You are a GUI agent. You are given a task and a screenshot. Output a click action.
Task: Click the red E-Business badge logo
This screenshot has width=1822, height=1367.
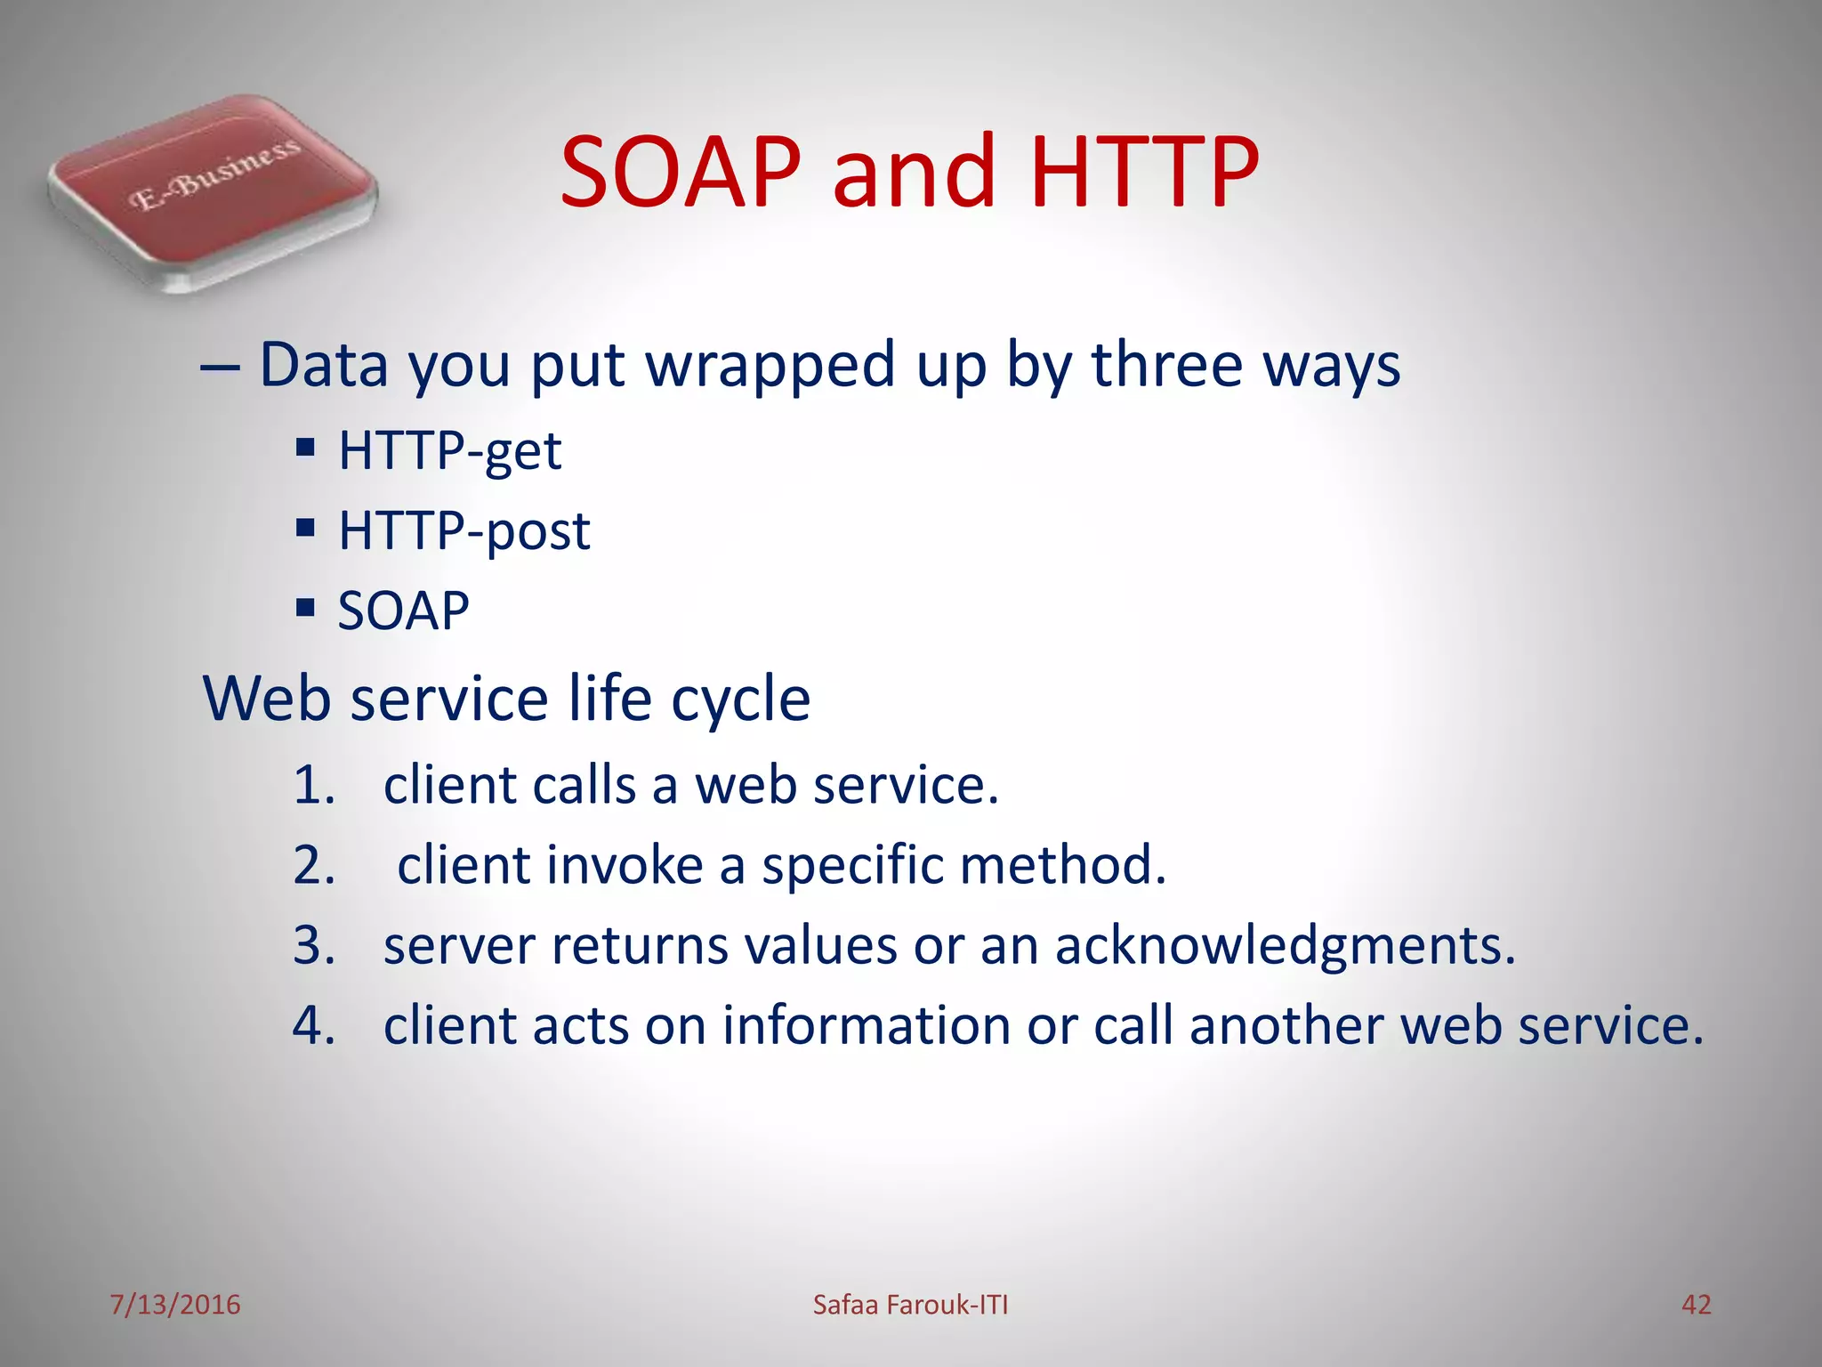tap(212, 192)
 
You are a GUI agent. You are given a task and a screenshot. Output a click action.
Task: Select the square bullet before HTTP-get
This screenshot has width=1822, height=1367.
tap(306, 447)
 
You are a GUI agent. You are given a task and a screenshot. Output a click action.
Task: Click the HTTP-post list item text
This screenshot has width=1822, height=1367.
tap(464, 531)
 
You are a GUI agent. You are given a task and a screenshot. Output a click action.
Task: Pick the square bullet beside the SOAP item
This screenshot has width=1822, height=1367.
tap(306, 608)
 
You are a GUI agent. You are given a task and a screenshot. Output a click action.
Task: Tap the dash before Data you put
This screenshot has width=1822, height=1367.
tap(220, 367)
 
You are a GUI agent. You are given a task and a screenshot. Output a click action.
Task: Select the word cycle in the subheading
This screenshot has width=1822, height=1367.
tap(740, 700)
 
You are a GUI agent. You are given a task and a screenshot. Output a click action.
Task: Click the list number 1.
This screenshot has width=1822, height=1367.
tap(313, 786)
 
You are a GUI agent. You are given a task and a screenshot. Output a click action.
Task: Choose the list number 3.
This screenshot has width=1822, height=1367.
tap(313, 945)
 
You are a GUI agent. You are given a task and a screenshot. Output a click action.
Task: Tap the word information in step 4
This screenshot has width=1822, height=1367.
tap(866, 1025)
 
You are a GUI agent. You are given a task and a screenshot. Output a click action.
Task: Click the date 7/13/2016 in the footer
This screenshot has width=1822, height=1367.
tap(175, 1305)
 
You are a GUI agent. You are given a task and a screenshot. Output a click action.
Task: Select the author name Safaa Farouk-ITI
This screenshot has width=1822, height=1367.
tap(910, 1305)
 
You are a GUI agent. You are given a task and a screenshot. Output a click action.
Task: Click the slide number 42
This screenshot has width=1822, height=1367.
tap(1696, 1305)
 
